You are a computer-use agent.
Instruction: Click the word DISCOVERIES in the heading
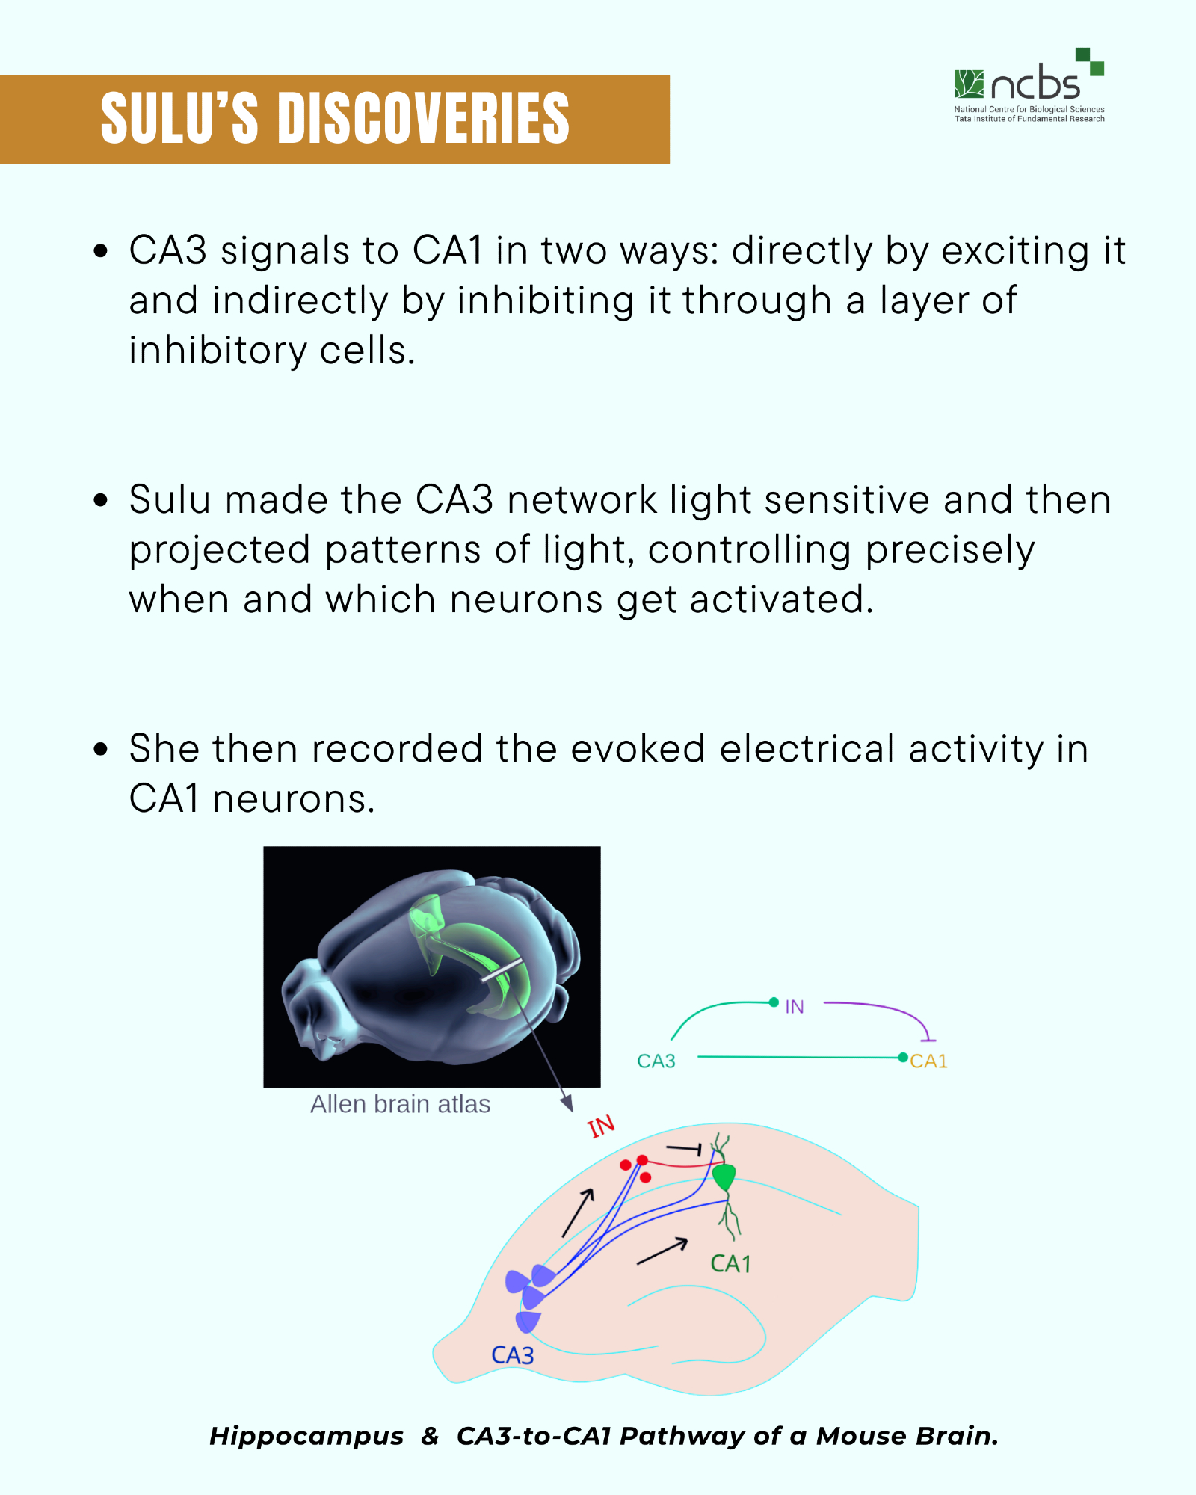click(424, 118)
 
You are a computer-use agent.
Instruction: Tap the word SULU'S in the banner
click(179, 118)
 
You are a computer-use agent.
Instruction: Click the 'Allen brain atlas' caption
click(400, 1104)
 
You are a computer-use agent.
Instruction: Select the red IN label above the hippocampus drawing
click(601, 1126)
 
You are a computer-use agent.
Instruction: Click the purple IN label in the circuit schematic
click(795, 1007)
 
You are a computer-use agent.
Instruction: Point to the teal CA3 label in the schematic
click(656, 1061)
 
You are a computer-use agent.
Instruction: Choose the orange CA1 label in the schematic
click(928, 1061)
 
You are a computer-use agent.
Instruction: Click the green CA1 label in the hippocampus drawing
click(730, 1263)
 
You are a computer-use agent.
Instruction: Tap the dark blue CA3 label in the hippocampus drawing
click(513, 1355)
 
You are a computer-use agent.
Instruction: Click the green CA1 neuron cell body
click(724, 1177)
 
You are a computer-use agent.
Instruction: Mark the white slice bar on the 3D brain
click(501, 970)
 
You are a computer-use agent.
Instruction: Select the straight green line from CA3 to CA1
click(799, 1057)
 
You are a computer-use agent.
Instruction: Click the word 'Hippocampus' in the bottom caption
click(306, 1436)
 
